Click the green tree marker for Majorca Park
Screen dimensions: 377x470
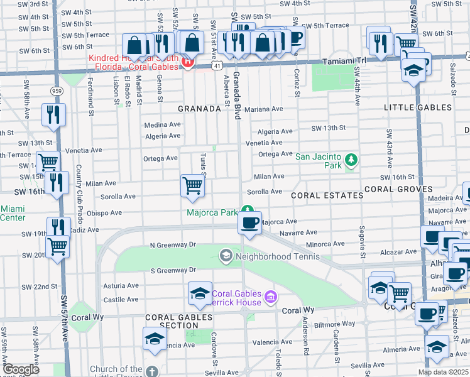pyautogui.click(x=248, y=210)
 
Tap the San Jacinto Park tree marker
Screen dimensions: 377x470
pyautogui.click(x=351, y=160)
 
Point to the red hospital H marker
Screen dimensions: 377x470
pyautogui.click(x=186, y=61)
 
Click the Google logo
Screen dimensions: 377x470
pyautogui.click(x=21, y=369)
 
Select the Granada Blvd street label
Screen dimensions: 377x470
pyautogui.click(x=238, y=94)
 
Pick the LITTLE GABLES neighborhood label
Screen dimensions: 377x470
pyautogui.click(x=417, y=107)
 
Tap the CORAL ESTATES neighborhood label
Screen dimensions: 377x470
pyautogui.click(x=327, y=195)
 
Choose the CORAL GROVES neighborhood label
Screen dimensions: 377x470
pyautogui.click(x=398, y=188)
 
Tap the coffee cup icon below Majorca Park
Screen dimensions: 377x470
pyautogui.click(x=250, y=222)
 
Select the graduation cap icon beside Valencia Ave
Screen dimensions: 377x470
pyautogui.click(x=155, y=339)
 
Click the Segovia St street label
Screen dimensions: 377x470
pyautogui.click(x=362, y=242)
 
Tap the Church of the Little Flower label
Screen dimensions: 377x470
pyautogui.click(x=116, y=370)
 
